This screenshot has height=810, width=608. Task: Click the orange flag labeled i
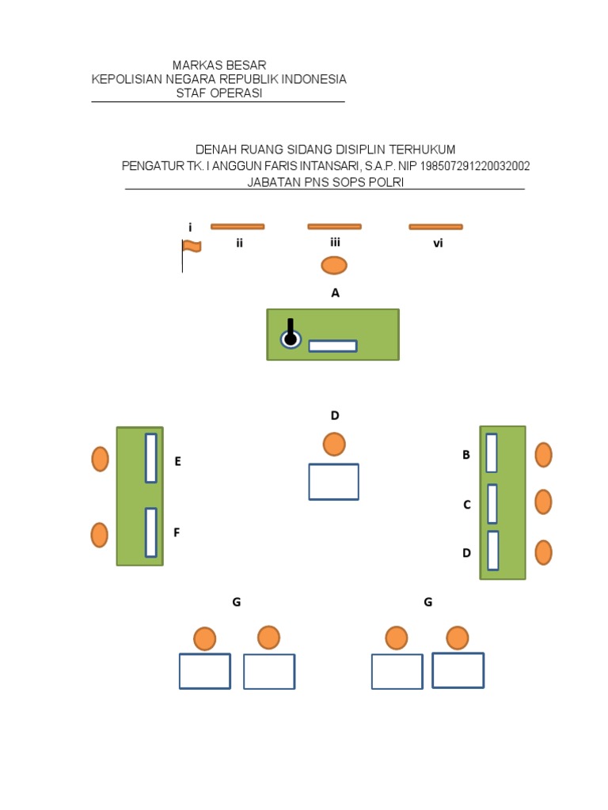point(191,247)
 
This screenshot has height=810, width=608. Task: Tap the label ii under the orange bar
point(238,244)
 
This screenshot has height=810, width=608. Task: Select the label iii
point(335,243)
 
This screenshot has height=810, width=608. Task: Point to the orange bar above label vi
point(435,227)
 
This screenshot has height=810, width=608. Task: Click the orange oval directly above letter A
point(334,265)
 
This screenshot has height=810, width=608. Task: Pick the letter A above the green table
point(335,293)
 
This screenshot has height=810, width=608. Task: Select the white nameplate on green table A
point(332,346)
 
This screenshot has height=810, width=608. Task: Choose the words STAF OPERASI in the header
point(219,93)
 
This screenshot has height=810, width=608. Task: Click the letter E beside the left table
point(178,461)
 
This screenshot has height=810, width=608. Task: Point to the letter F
point(177,533)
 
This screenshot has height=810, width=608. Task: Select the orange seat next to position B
point(543,455)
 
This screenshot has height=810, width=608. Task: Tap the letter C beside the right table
point(467,505)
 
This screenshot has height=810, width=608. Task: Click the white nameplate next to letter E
point(150,458)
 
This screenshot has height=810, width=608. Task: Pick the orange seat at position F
point(99,536)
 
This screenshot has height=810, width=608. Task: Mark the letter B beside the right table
point(466,455)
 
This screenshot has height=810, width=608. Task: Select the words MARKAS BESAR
point(219,65)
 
